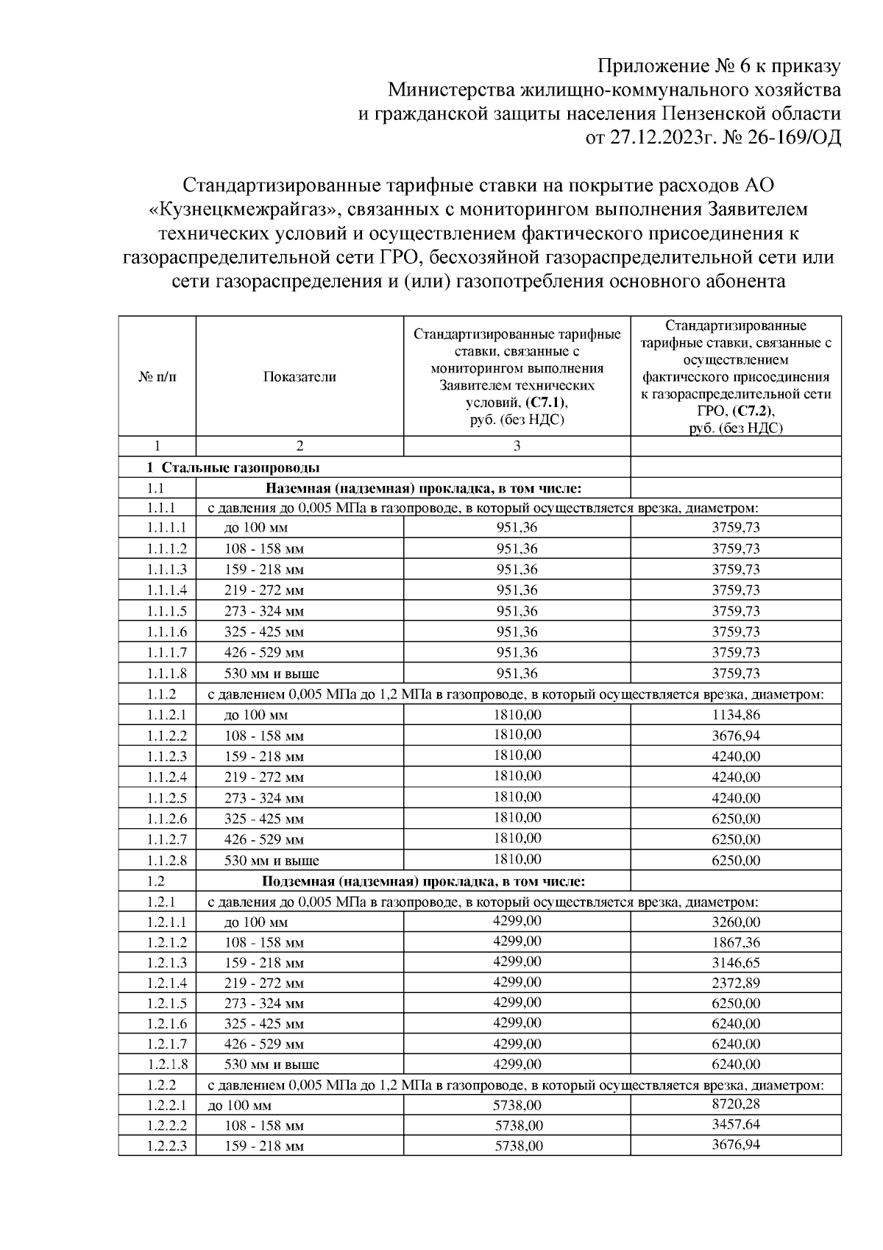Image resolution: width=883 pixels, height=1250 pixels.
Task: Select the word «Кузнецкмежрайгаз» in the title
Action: (x=244, y=210)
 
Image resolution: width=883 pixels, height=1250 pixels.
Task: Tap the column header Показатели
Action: (x=299, y=377)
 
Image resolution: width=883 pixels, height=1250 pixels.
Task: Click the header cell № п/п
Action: (x=157, y=377)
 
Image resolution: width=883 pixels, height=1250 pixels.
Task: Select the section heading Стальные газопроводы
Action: (x=240, y=468)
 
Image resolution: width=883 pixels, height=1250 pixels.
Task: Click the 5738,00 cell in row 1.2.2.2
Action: (x=519, y=1126)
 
